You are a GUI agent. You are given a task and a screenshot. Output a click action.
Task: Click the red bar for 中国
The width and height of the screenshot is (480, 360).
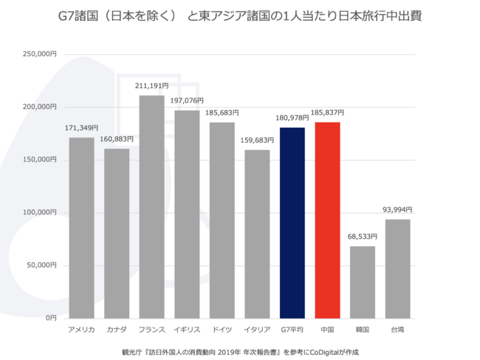click(327, 220)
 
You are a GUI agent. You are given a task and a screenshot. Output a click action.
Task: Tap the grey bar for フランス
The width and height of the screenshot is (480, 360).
click(151, 206)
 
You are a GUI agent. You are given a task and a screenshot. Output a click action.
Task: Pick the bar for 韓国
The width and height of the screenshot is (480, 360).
click(362, 281)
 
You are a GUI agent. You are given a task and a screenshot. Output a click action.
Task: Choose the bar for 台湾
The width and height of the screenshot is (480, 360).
click(397, 268)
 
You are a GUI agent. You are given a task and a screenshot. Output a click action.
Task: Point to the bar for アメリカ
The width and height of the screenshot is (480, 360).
click(81, 227)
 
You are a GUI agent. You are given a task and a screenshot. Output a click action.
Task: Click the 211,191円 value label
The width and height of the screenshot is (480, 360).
click(151, 86)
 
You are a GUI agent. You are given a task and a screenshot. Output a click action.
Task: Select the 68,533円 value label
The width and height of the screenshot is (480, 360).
click(362, 237)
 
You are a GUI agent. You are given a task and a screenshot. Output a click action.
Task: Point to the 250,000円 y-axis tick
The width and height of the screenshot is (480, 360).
click(41, 54)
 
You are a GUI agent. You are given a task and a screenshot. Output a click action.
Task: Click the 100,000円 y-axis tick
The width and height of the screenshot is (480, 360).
click(41, 212)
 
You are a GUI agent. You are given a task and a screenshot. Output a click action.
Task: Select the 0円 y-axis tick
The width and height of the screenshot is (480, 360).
click(49, 317)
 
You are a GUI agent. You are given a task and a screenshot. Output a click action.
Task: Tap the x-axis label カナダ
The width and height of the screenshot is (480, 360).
click(117, 329)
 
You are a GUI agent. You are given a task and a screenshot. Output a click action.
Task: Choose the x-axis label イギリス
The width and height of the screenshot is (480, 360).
click(187, 329)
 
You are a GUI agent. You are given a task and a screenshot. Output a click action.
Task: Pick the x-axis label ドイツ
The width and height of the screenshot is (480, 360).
click(222, 329)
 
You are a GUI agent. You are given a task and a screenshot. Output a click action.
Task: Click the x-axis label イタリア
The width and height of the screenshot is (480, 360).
click(257, 329)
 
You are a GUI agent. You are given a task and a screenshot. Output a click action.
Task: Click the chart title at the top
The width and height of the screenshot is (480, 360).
click(240, 16)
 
